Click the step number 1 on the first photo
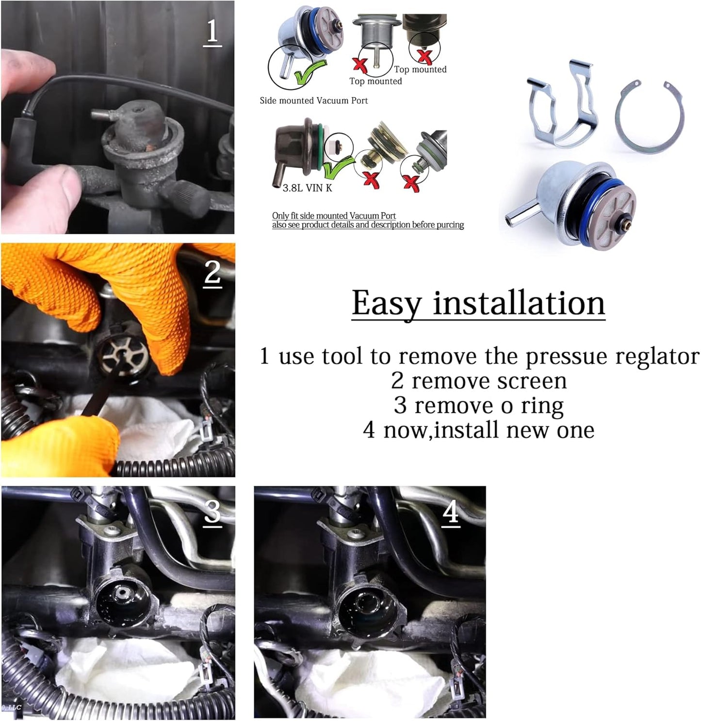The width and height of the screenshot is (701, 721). point(212,32)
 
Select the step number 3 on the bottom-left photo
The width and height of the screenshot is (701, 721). point(212,512)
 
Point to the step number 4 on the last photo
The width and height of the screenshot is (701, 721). point(451,512)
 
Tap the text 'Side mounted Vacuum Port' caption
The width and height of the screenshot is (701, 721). point(313,101)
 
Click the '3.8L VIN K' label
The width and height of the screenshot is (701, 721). point(307,188)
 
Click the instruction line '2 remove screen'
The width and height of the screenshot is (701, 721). point(479,381)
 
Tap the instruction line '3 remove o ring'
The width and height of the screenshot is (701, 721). point(479,406)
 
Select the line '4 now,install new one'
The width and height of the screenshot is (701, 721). point(479,430)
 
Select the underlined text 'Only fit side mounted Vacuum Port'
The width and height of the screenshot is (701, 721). point(334,215)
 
